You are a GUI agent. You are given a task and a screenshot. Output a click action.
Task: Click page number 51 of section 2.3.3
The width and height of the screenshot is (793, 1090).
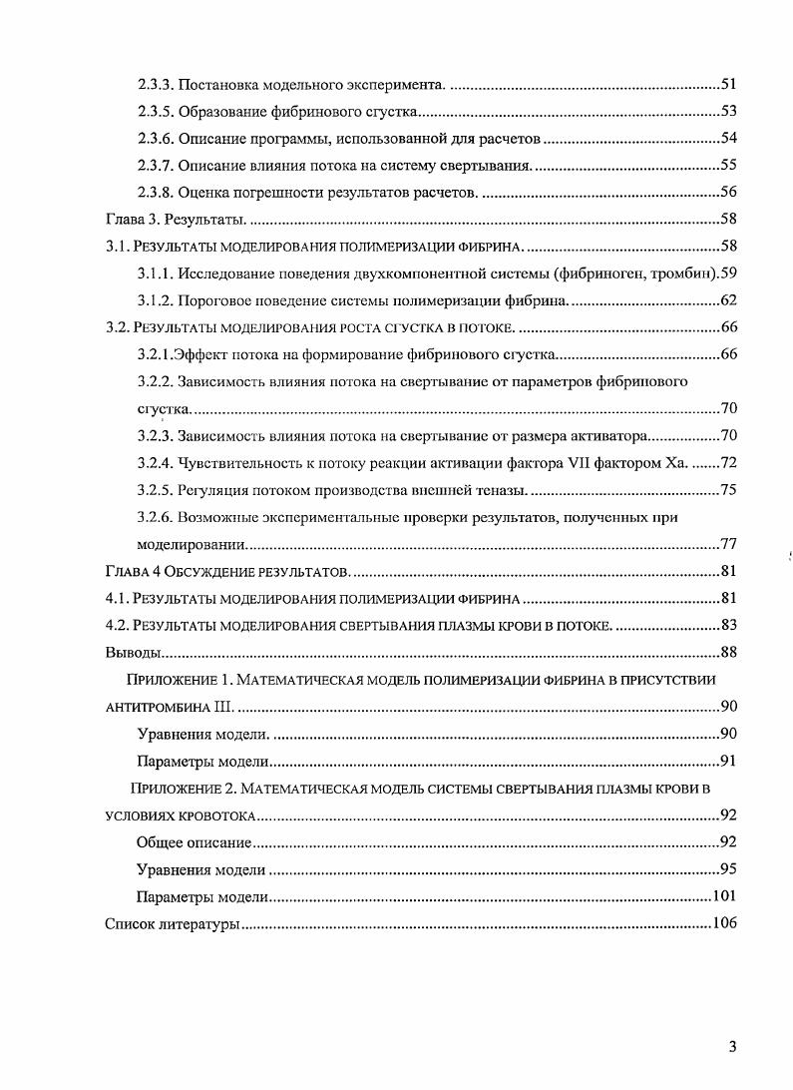pos(728,84)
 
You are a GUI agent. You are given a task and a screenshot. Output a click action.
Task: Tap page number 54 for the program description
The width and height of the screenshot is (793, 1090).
pos(728,138)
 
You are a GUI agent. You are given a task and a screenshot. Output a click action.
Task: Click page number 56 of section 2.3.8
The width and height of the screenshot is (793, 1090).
pos(728,192)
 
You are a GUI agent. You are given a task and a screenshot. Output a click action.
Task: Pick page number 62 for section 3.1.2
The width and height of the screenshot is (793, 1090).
pos(728,299)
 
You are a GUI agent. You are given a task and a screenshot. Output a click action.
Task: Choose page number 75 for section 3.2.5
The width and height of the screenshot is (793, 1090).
pos(728,489)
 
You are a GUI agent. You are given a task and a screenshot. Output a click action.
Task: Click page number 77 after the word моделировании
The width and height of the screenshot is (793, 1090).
pos(728,544)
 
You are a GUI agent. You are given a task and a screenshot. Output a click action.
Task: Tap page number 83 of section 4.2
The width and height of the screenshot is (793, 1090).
pos(728,625)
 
